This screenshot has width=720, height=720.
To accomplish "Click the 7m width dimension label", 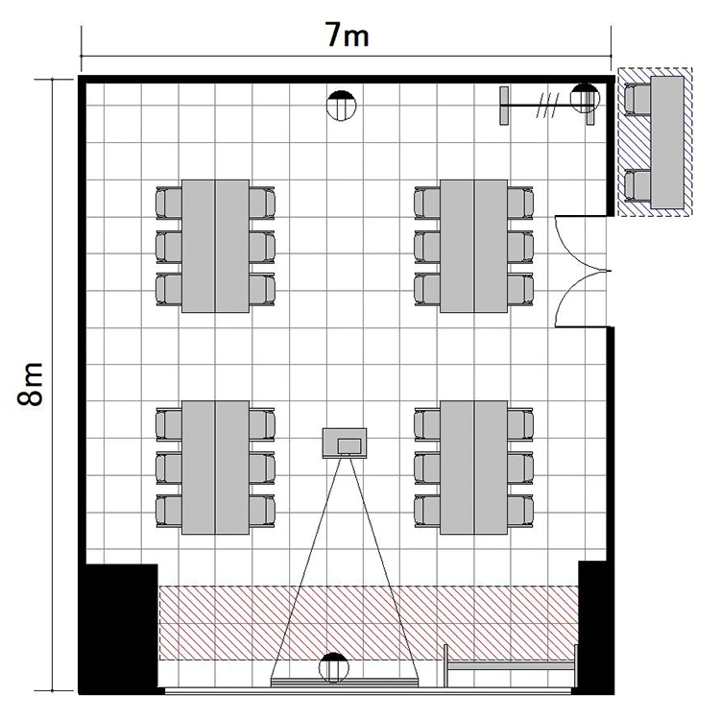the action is (x=348, y=35).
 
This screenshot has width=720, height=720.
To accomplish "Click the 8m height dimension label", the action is (x=31, y=384).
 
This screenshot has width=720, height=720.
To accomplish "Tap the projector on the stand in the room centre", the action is (x=345, y=444).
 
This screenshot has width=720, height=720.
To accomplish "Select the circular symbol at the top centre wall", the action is (x=341, y=106).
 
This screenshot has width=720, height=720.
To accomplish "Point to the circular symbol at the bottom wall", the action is (x=334, y=667).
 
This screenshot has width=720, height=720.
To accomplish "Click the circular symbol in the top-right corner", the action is (x=585, y=98).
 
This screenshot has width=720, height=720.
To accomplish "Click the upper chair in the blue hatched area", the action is (x=637, y=99).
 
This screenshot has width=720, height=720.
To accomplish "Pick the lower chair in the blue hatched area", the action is (x=637, y=185).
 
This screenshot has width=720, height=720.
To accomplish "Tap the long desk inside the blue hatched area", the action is (x=667, y=142).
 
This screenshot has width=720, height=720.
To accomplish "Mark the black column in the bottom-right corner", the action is (x=595, y=627).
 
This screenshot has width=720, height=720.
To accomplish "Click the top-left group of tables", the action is (x=215, y=246).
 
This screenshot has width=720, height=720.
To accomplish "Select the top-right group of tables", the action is (x=474, y=246).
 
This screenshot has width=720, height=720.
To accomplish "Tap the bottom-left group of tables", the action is (x=215, y=468).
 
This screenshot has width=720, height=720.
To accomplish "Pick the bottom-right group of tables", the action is (x=474, y=468).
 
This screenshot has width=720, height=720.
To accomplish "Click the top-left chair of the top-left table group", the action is (x=169, y=203).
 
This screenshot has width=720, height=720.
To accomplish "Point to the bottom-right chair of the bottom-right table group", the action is (x=520, y=511).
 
